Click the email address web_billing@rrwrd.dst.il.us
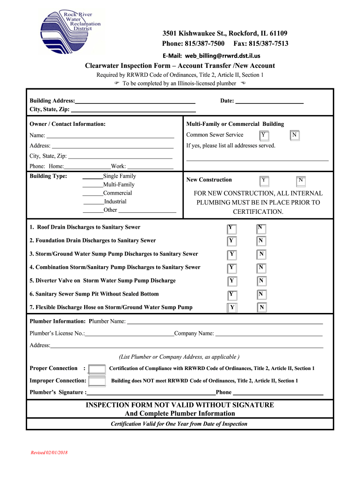coord(211,55)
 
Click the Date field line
coord(269,102)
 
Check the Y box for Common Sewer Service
coord(264,136)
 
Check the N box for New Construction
coord(301,180)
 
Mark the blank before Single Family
coord(93,177)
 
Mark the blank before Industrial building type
coord(94,203)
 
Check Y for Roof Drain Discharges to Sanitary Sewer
coord(231,228)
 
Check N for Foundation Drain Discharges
coord(261,241)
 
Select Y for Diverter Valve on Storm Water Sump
coord(231,281)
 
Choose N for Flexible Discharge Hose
coord(262,307)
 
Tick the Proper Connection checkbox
coord(97,369)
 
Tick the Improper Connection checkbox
coord(97,381)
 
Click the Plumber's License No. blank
coord(130,334)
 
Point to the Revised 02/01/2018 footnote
coord(49,453)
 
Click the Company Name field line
coord(268,334)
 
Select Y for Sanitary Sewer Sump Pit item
coord(231,295)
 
